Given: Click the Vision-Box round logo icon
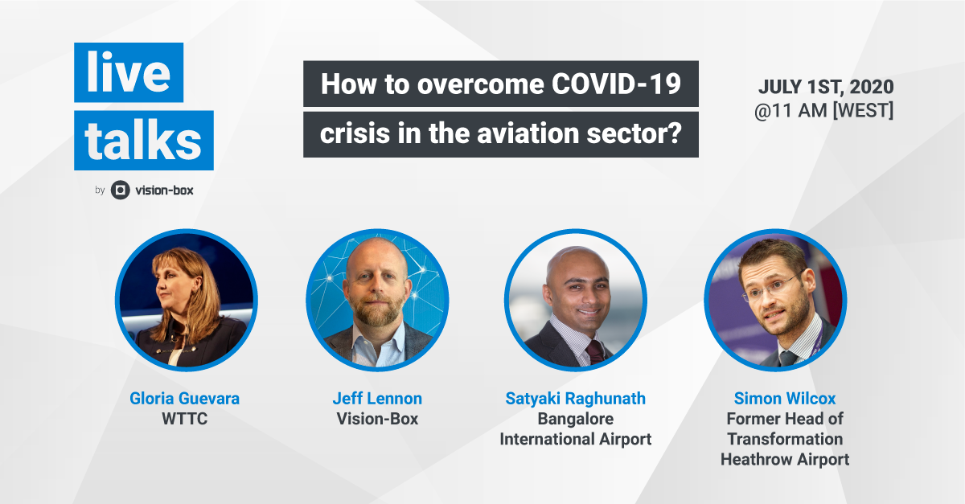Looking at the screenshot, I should click(120, 191).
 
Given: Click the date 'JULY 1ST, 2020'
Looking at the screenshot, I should click(825, 87).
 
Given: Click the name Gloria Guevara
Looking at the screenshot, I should click(184, 399).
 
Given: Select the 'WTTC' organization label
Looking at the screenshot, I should click(184, 419).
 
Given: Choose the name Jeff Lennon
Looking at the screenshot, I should click(377, 399).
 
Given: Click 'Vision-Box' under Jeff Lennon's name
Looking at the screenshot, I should click(377, 419).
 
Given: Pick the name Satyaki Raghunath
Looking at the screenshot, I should click(575, 399).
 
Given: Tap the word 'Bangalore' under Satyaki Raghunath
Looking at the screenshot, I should click(575, 419).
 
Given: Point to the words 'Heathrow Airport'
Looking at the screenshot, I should click(784, 460).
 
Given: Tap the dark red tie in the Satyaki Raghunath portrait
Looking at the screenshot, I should click(595, 351).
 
